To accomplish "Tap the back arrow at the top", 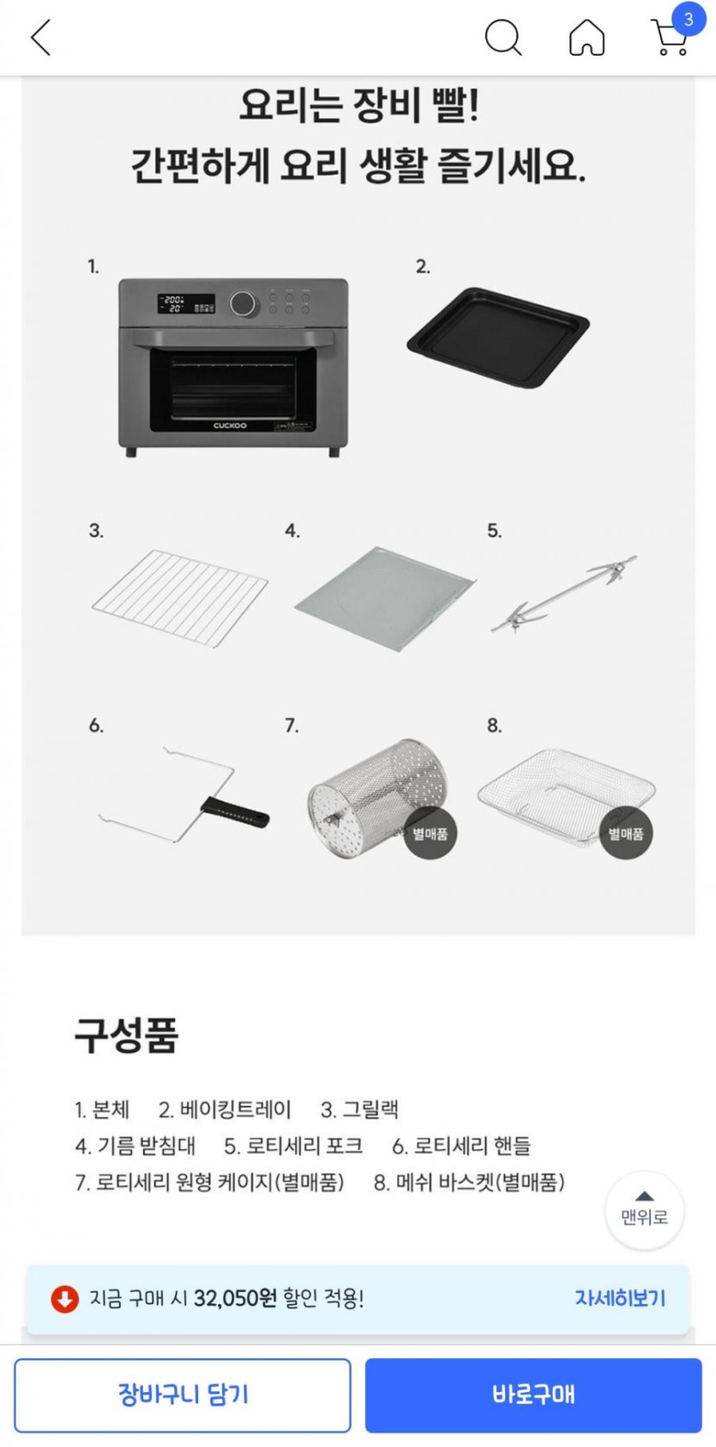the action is click(40, 38).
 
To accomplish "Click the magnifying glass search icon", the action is click(503, 38).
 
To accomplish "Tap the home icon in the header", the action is click(587, 38).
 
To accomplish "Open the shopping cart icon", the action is click(670, 38).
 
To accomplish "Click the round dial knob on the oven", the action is click(243, 303).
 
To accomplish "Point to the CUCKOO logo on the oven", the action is click(231, 426).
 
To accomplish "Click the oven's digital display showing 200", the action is click(173, 304).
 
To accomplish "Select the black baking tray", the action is click(498, 338).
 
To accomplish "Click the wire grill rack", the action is click(180, 598).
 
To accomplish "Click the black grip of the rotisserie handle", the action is click(235, 811).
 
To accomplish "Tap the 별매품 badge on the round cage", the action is click(430, 834).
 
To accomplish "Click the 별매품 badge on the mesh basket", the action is click(626, 834).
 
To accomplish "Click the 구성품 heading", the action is click(126, 1036).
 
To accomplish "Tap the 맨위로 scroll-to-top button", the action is click(644, 1211).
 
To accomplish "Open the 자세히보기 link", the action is click(620, 1298).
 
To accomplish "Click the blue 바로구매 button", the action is click(533, 1395).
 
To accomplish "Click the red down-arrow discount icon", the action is click(64, 1299).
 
